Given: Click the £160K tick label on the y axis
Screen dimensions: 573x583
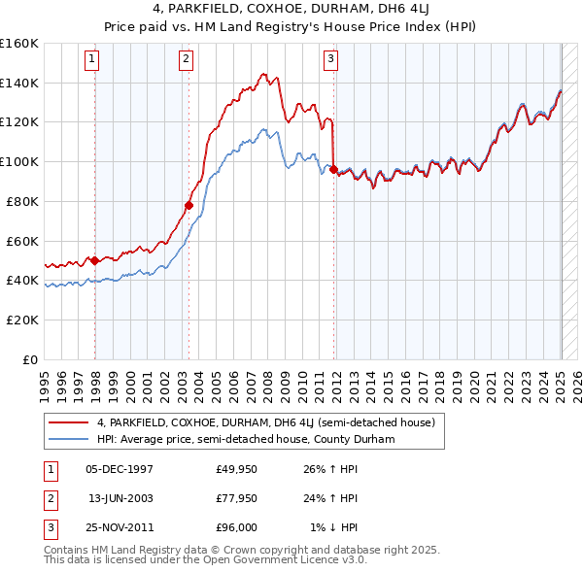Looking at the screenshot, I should coord(19,44).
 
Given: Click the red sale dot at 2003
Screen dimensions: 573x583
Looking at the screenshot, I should coord(189,205).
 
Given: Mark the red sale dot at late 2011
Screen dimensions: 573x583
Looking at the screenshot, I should coord(334,169).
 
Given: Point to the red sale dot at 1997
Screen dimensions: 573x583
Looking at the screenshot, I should coord(94,260).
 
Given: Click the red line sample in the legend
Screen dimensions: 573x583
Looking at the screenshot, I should coord(70,422).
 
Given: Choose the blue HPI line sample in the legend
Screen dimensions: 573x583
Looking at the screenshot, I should coord(70,439).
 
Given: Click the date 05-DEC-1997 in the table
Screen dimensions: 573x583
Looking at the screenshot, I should coord(120,470).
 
